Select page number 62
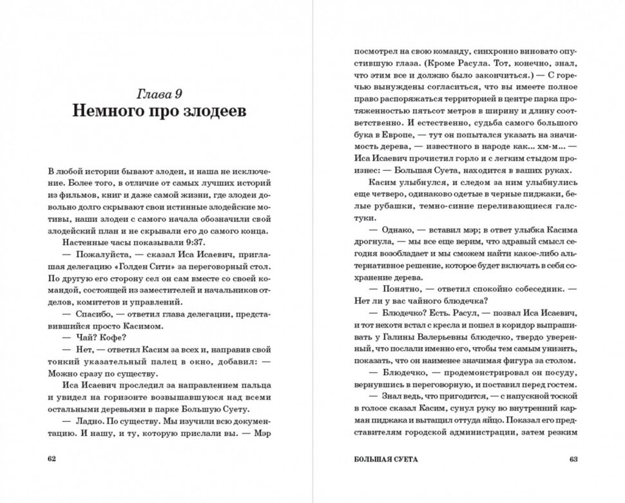pos(52,459)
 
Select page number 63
pos(573,459)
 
